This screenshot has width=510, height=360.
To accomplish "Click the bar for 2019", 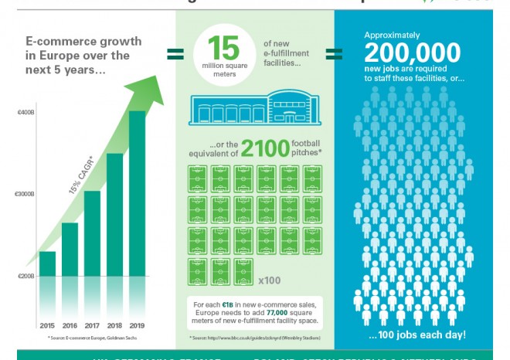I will click(137, 193).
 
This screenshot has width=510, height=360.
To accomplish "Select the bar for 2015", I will click(47, 263).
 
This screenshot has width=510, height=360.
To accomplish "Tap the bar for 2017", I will click(92, 233).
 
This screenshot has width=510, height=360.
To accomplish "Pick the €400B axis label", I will click(26, 113).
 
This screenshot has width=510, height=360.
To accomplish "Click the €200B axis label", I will click(26, 276).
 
